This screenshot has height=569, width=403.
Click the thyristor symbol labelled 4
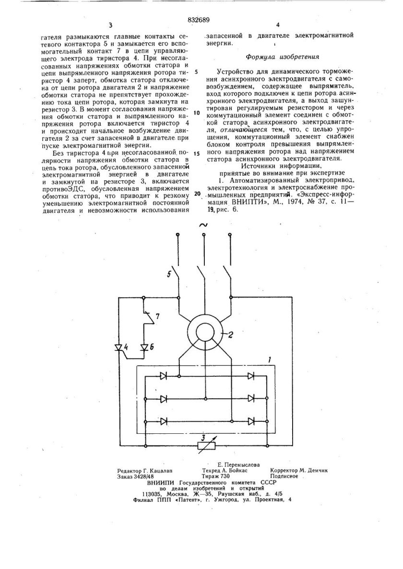(x=120, y=346)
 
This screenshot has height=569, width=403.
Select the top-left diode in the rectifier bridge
(x=164, y=377)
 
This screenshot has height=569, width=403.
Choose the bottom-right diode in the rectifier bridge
(x=250, y=421)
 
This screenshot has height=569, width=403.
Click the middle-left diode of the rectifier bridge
(x=164, y=399)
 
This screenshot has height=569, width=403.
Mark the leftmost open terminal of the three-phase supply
(x=178, y=235)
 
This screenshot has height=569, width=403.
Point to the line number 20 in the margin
(x=197, y=194)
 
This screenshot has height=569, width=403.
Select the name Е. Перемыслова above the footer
(x=238, y=464)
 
